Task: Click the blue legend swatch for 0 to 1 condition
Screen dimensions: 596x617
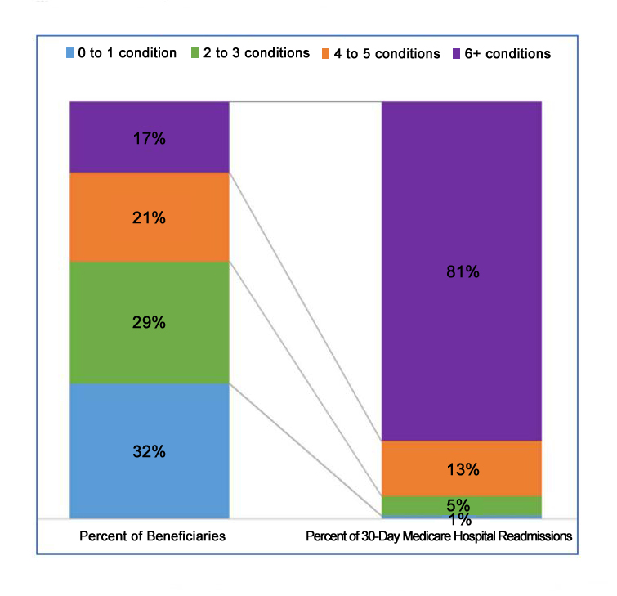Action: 69,54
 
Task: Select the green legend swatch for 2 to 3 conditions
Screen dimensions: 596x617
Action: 195,54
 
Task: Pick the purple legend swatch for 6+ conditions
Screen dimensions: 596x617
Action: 457,54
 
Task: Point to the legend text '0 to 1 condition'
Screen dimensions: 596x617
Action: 127,54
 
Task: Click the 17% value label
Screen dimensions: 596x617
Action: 150,139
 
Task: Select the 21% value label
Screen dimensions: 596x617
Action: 150,217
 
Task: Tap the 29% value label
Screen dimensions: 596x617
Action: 150,321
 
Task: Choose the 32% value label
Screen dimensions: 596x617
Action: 150,451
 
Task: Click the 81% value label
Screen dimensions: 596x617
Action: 463,272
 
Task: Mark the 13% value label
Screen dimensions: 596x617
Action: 463,470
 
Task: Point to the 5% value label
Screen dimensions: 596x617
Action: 463,504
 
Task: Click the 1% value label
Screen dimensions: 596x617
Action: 463,521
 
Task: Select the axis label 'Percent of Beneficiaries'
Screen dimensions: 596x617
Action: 153,537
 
